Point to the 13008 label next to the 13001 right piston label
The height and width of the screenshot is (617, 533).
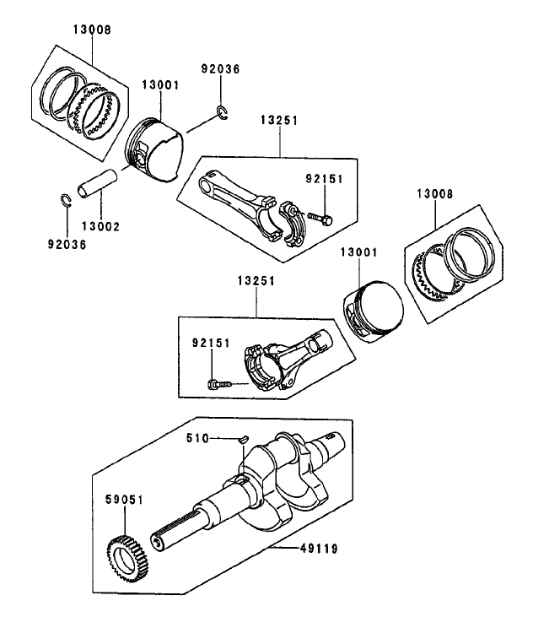tap(433, 194)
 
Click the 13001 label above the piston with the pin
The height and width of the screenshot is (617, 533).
tap(160, 85)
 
